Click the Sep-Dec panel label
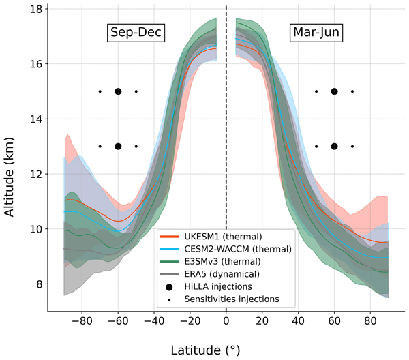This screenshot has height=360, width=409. (140, 33)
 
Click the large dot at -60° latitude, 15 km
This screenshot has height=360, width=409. (118, 91)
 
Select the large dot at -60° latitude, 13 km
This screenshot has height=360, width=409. (118, 146)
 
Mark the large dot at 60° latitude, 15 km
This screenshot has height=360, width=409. (334, 91)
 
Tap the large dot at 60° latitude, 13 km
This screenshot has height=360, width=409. (334, 146)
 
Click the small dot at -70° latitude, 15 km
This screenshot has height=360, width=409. (100, 91)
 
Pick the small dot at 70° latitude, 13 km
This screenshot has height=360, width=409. (352, 146)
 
